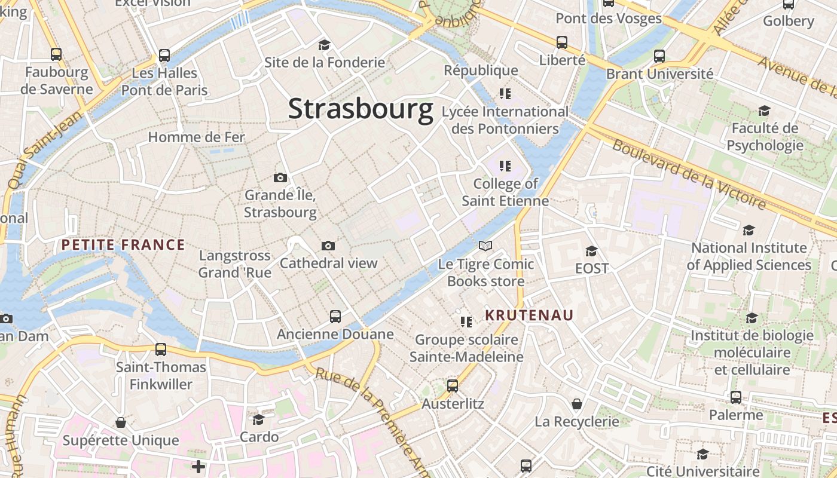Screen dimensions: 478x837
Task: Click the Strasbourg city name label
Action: click(361, 109)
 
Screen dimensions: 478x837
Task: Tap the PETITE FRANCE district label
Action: click(123, 244)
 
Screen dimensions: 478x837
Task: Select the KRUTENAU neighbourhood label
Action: click(529, 315)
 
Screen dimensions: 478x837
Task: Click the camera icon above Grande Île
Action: click(280, 177)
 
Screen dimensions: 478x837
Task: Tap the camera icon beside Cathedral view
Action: click(328, 246)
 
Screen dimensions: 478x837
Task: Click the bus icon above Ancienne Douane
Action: click(335, 317)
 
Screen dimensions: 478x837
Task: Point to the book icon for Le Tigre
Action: click(485, 246)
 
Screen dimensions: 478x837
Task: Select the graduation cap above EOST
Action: click(591, 251)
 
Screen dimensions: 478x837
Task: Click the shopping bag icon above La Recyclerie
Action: click(576, 405)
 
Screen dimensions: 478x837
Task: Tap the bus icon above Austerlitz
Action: click(453, 386)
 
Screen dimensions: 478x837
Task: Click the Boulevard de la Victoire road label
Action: click(689, 174)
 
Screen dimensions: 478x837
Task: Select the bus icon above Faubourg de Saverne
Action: click(56, 54)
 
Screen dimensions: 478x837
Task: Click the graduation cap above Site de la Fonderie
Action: click(324, 45)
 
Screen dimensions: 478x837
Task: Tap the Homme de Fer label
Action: click(196, 137)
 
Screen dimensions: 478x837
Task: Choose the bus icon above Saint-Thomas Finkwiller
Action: click(160, 350)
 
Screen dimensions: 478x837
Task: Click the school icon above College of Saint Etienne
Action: click(505, 166)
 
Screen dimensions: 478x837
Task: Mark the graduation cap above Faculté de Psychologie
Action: click(764, 111)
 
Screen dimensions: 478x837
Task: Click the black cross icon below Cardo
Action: click(198, 466)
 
